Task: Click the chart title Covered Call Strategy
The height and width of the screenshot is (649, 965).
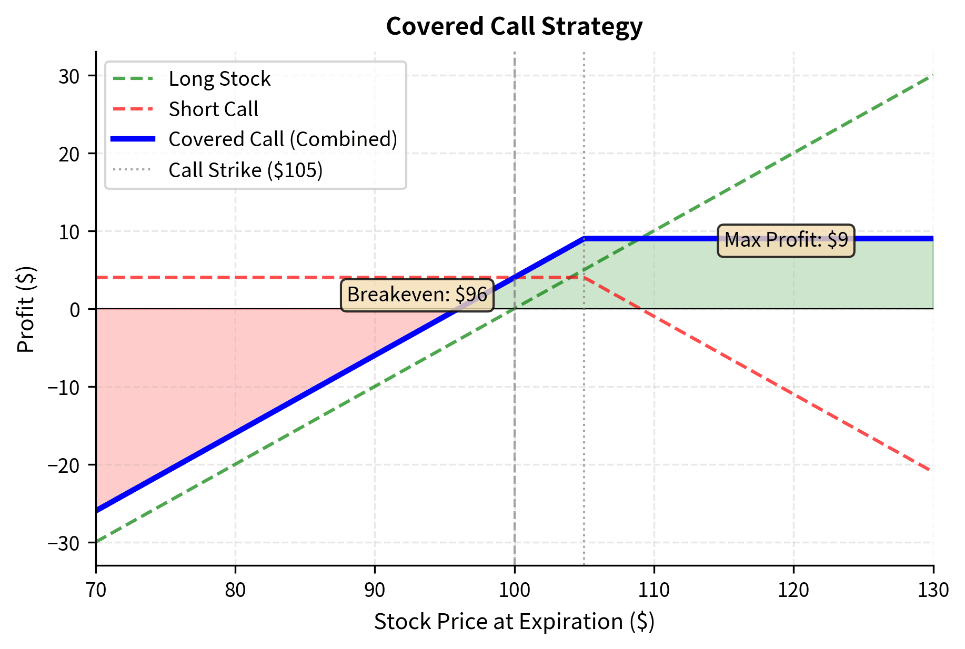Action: point(514,26)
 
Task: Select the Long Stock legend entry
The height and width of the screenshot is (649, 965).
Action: point(219,79)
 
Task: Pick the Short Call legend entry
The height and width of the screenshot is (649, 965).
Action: point(213,109)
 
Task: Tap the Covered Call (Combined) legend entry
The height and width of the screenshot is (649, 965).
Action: point(283,139)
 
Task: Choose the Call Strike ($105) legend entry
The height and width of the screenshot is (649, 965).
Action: point(245,170)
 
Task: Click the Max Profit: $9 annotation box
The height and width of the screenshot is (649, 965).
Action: point(786,240)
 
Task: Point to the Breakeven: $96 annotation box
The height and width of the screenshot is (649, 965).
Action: point(417,295)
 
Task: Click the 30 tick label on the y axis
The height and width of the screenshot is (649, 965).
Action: point(69,76)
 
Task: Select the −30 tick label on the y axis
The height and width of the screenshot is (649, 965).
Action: point(64,543)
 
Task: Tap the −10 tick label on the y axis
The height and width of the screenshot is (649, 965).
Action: point(64,388)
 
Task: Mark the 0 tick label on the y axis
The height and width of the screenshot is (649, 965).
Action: point(75,309)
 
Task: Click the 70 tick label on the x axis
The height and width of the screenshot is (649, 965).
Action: point(96,590)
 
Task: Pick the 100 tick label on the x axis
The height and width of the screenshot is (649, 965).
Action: point(514,590)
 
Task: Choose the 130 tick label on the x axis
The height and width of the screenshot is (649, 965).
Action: point(933,590)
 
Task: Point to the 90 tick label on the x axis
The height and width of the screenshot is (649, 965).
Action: point(375,590)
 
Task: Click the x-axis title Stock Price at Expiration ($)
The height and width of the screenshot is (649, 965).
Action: point(514,622)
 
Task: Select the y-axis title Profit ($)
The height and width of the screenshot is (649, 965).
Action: point(26,309)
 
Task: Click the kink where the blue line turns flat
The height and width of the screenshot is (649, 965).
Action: point(584,239)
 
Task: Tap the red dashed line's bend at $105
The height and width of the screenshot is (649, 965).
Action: point(584,277)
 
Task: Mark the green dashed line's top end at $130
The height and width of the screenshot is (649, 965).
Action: point(932,76)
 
